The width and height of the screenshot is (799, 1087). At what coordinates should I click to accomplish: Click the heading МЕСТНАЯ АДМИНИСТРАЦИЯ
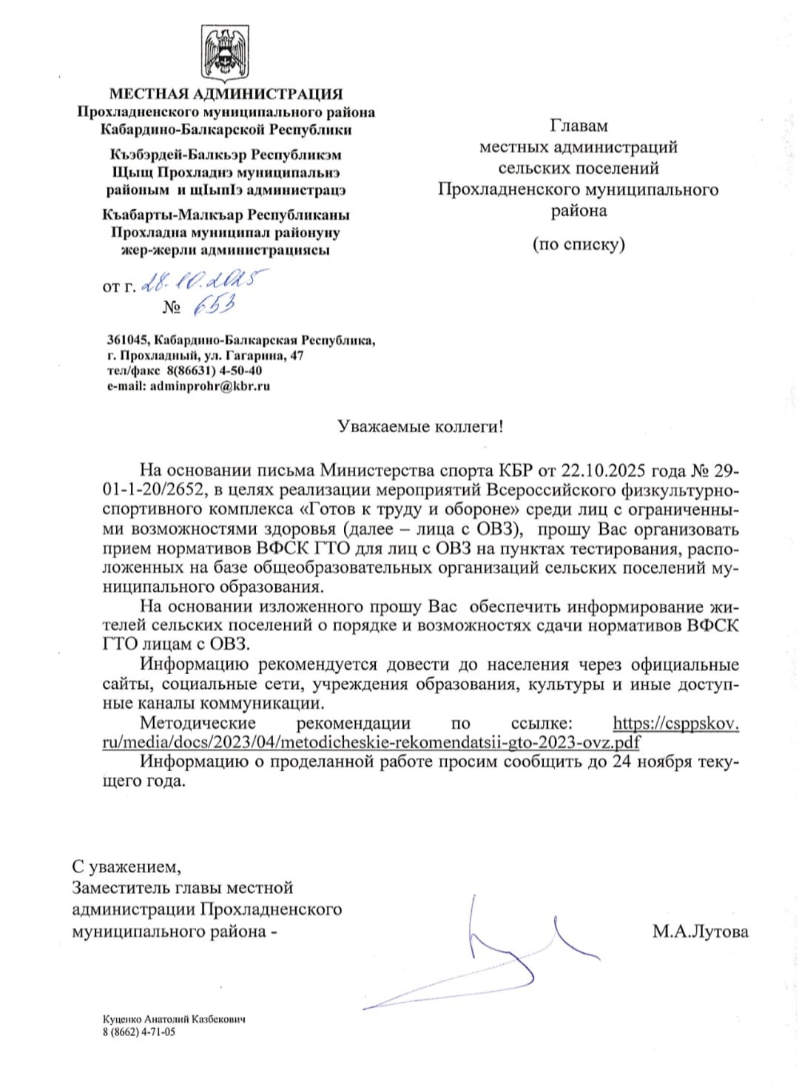click(x=226, y=94)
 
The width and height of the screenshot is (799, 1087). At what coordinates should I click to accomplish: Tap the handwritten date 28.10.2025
click(x=204, y=281)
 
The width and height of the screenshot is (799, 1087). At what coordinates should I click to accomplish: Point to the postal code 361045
click(x=127, y=340)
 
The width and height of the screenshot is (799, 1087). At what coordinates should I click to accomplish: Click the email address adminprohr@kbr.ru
click(x=210, y=386)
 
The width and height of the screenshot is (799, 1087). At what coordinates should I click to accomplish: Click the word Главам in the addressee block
click(x=578, y=127)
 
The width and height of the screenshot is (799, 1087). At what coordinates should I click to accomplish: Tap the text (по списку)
click(x=579, y=244)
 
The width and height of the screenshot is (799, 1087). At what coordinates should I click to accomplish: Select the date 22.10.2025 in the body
click(x=604, y=471)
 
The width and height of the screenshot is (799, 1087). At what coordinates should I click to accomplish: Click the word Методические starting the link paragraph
click(x=198, y=723)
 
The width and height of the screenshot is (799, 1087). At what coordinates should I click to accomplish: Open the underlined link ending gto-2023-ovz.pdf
click(x=370, y=742)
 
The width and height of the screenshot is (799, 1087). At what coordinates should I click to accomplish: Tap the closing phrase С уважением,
click(x=126, y=866)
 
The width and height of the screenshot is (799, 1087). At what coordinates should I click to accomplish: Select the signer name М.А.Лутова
click(x=700, y=931)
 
